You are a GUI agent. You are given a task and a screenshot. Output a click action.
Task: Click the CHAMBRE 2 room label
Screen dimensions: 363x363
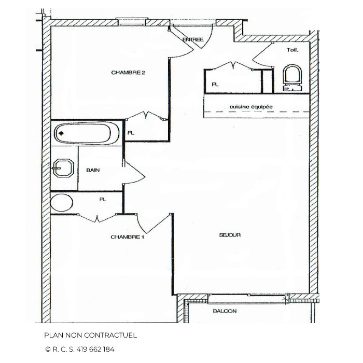(128, 73)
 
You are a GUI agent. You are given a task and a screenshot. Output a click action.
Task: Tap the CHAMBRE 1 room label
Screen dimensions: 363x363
(127, 237)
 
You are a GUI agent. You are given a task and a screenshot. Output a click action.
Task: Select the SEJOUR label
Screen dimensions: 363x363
(230, 235)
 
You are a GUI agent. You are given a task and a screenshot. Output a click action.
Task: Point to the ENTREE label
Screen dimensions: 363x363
(193, 39)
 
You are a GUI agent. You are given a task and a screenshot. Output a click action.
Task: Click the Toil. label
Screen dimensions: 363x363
(292, 50)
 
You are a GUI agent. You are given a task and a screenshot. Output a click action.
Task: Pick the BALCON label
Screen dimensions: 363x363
(225, 311)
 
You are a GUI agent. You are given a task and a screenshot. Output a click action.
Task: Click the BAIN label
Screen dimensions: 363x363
(93, 170)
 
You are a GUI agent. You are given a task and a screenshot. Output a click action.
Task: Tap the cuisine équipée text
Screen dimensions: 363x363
(251, 107)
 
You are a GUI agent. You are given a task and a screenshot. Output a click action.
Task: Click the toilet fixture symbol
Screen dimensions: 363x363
(292, 78)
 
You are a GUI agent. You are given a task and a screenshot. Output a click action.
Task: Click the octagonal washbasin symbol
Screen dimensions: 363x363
(63, 168)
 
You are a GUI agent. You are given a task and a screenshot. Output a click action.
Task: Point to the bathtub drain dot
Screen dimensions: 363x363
(61, 134)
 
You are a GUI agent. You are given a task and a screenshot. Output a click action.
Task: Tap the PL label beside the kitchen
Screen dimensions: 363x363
(215, 84)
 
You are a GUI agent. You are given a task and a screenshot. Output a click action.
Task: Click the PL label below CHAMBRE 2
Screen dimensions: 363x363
(131, 133)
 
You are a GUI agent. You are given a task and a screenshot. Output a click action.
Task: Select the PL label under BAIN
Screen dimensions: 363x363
(103, 199)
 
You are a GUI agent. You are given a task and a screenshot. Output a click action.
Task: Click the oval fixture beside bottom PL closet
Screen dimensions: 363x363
(62, 202)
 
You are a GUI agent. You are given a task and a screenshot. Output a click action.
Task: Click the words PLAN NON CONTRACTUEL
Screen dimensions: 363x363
(90, 336)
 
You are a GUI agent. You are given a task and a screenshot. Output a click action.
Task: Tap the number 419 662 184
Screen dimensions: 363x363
(96, 349)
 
